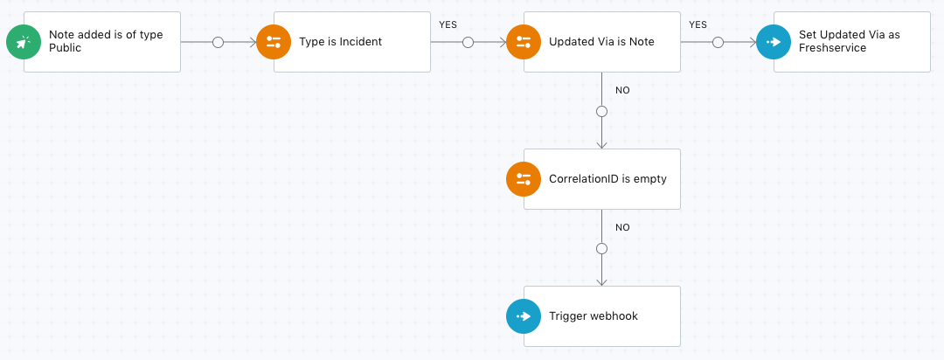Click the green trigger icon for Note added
point(24,42)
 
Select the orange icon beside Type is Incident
point(274,42)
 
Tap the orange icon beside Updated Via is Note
point(524,42)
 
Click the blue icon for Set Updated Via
point(774,42)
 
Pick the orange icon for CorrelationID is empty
point(524,179)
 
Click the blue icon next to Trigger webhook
point(524,316)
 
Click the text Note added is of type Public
point(106,41)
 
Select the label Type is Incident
point(341,42)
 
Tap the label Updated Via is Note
point(601,42)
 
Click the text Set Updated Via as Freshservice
point(850,41)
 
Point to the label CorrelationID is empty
point(608,179)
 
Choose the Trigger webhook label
point(593,316)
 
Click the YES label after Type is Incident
point(448,24)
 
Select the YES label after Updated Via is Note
point(698,24)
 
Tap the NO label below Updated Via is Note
point(622,90)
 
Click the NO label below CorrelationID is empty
point(622,227)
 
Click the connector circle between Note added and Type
point(219,42)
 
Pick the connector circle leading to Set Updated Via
point(718,42)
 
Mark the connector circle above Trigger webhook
point(601,249)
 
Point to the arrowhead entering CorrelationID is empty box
point(601,145)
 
